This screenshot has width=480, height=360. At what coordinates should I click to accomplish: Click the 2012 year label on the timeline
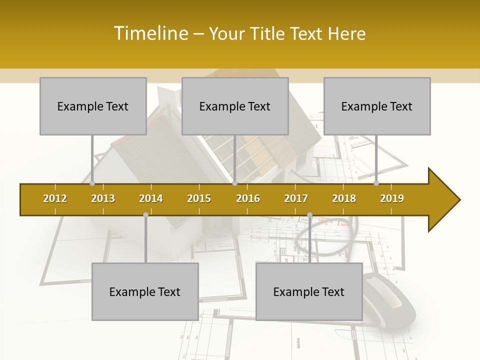[x=55, y=198]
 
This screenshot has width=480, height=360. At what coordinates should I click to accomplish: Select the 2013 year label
[x=103, y=198]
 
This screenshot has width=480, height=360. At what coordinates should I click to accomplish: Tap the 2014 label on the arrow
[x=151, y=198]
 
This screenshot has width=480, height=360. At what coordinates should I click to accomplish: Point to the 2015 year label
[x=199, y=198]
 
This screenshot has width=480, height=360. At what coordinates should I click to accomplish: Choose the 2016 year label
[x=248, y=198]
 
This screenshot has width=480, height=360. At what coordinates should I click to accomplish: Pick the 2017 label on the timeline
[x=296, y=198]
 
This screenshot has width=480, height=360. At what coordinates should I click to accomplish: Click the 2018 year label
[x=344, y=198]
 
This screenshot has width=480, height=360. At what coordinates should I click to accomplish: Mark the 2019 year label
[x=392, y=198]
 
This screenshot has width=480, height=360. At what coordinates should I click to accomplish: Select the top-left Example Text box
[x=93, y=106]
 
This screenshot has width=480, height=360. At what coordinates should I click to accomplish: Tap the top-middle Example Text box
[x=235, y=106]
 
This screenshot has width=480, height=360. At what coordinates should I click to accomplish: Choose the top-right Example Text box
[x=377, y=106]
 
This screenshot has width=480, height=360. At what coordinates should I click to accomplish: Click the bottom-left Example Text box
[x=145, y=291]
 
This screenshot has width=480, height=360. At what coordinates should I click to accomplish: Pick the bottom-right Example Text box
[x=309, y=291]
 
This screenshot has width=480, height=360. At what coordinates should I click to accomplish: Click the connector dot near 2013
[x=92, y=183]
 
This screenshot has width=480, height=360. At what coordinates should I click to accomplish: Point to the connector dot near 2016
[x=234, y=183]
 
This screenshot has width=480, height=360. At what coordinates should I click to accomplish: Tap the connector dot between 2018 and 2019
[x=376, y=183]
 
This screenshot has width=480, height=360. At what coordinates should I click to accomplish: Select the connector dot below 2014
[x=145, y=215]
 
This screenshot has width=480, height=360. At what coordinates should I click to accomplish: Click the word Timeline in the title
[x=150, y=33]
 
